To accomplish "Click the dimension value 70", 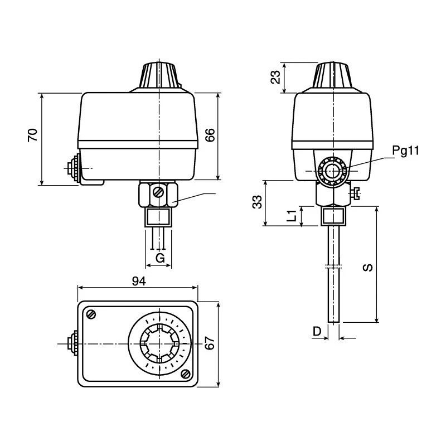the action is pos(33,135).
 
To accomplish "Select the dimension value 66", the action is pos(210,135).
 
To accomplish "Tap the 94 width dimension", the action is pos(139,281).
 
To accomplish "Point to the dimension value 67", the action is pos(210,343).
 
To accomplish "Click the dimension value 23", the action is pos(275,77).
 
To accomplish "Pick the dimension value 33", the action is pos(258,202).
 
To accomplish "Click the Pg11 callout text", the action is pos(406,151).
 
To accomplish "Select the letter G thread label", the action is pos(160,258).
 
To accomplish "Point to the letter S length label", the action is pos(368,268).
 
